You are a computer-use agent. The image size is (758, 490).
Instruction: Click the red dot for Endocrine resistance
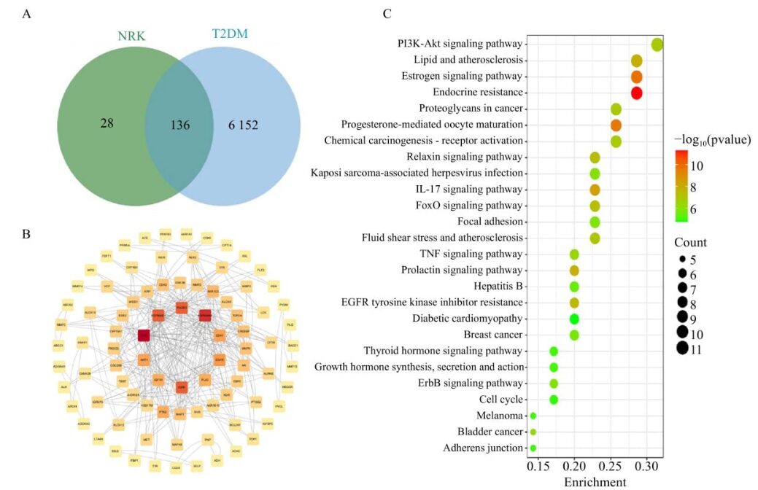click(x=636, y=93)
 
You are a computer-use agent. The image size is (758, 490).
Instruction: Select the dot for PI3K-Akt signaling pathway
click(x=657, y=44)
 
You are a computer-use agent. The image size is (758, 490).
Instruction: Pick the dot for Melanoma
click(x=533, y=416)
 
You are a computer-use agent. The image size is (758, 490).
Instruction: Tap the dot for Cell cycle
click(x=554, y=400)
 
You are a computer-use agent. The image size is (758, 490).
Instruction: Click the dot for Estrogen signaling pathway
click(x=636, y=77)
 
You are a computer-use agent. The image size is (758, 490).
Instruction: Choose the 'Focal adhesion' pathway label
click(x=490, y=222)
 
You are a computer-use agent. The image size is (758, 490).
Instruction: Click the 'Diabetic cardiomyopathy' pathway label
click(x=467, y=319)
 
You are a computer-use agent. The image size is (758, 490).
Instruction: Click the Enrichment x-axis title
click(x=595, y=482)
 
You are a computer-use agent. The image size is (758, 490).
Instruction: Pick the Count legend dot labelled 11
click(x=683, y=349)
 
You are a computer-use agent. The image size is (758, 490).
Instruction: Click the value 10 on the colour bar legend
click(x=697, y=166)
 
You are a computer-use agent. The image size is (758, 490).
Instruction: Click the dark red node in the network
click(x=144, y=335)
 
